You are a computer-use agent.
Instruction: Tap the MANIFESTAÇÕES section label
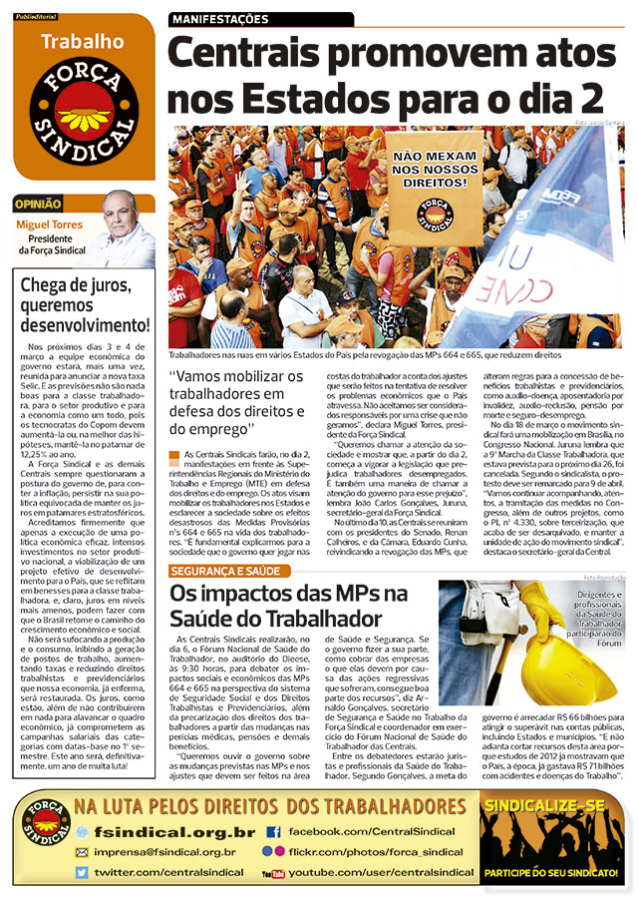(221, 19)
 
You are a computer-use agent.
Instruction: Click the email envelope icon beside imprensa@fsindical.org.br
(82, 852)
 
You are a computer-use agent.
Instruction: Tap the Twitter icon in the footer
(82, 873)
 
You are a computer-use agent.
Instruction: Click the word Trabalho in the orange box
(83, 41)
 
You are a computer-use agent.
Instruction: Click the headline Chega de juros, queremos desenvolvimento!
(85, 305)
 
